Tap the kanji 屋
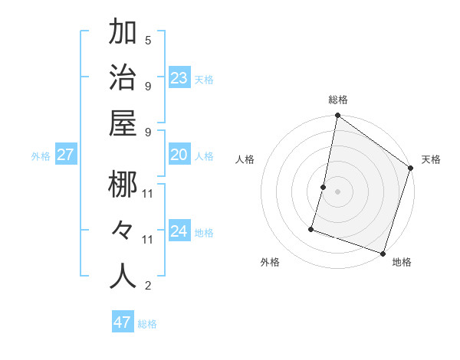(123, 124)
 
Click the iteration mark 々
(123, 231)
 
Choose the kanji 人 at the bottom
(123, 277)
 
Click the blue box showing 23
(179, 77)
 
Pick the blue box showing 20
(179, 155)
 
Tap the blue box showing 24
(179, 231)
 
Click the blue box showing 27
(66, 155)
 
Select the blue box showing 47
(123, 322)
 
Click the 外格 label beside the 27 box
(41, 156)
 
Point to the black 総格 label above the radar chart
(338, 100)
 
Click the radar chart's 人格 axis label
(245, 159)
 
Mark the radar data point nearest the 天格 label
(411, 169)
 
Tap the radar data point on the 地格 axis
(383, 253)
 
